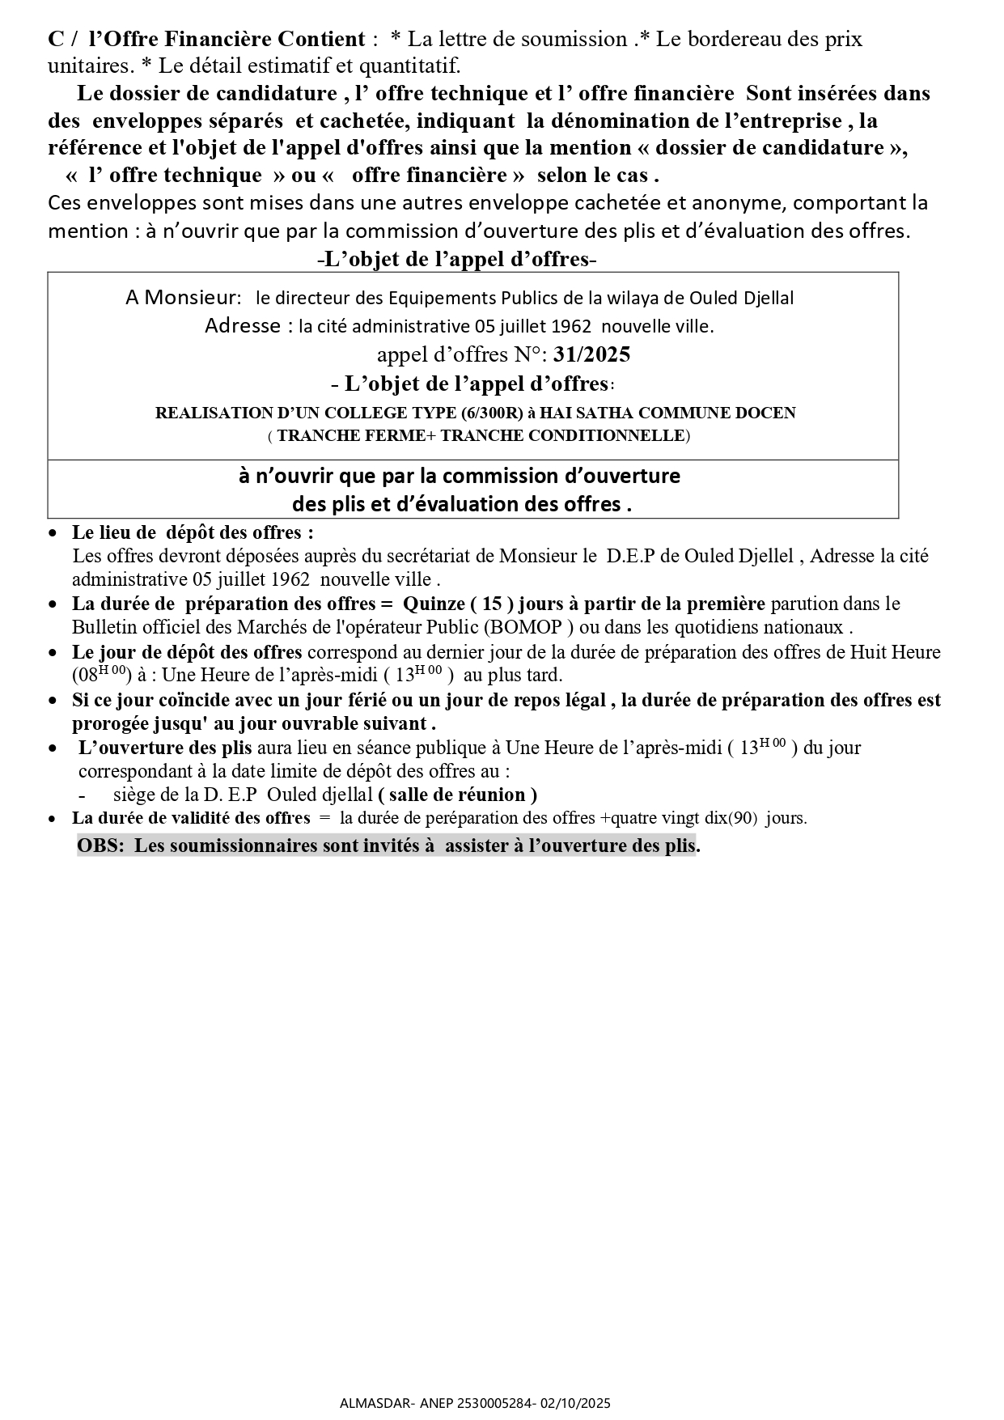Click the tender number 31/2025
click(592, 354)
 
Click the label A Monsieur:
click(184, 298)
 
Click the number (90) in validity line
click(742, 818)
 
